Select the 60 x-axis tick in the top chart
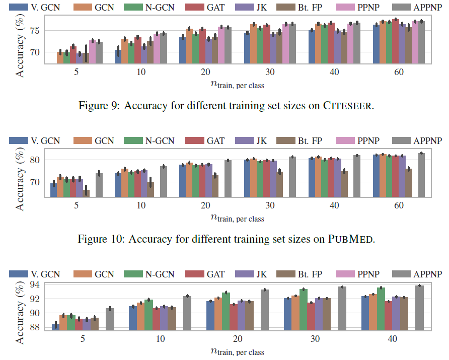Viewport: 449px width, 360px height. (399, 72)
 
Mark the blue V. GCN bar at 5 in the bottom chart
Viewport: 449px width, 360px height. (55, 327)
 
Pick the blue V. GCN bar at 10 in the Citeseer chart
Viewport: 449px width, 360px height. (118, 56)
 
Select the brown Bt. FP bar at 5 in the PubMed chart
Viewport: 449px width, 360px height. (86, 193)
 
